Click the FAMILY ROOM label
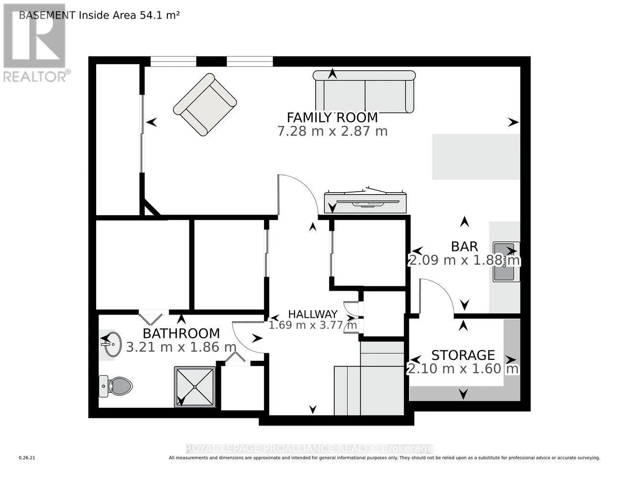[x=332, y=118]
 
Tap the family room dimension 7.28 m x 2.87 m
[x=332, y=131]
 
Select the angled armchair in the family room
[x=205, y=104]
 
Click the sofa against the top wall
[x=364, y=92]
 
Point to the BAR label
[x=464, y=247]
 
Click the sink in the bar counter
[x=507, y=262]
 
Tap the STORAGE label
[x=463, y=355]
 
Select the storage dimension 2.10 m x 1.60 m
[x=463, y=369]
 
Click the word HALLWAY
[x=313, y=314]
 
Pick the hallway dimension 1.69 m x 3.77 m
[x=313, y=325]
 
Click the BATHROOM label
[x=181, y=334]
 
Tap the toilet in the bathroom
[x=116, y=386]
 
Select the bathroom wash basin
[x=111, y=344]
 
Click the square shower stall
[x=195, y=387]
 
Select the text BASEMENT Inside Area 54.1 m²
[x=99, y=15]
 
